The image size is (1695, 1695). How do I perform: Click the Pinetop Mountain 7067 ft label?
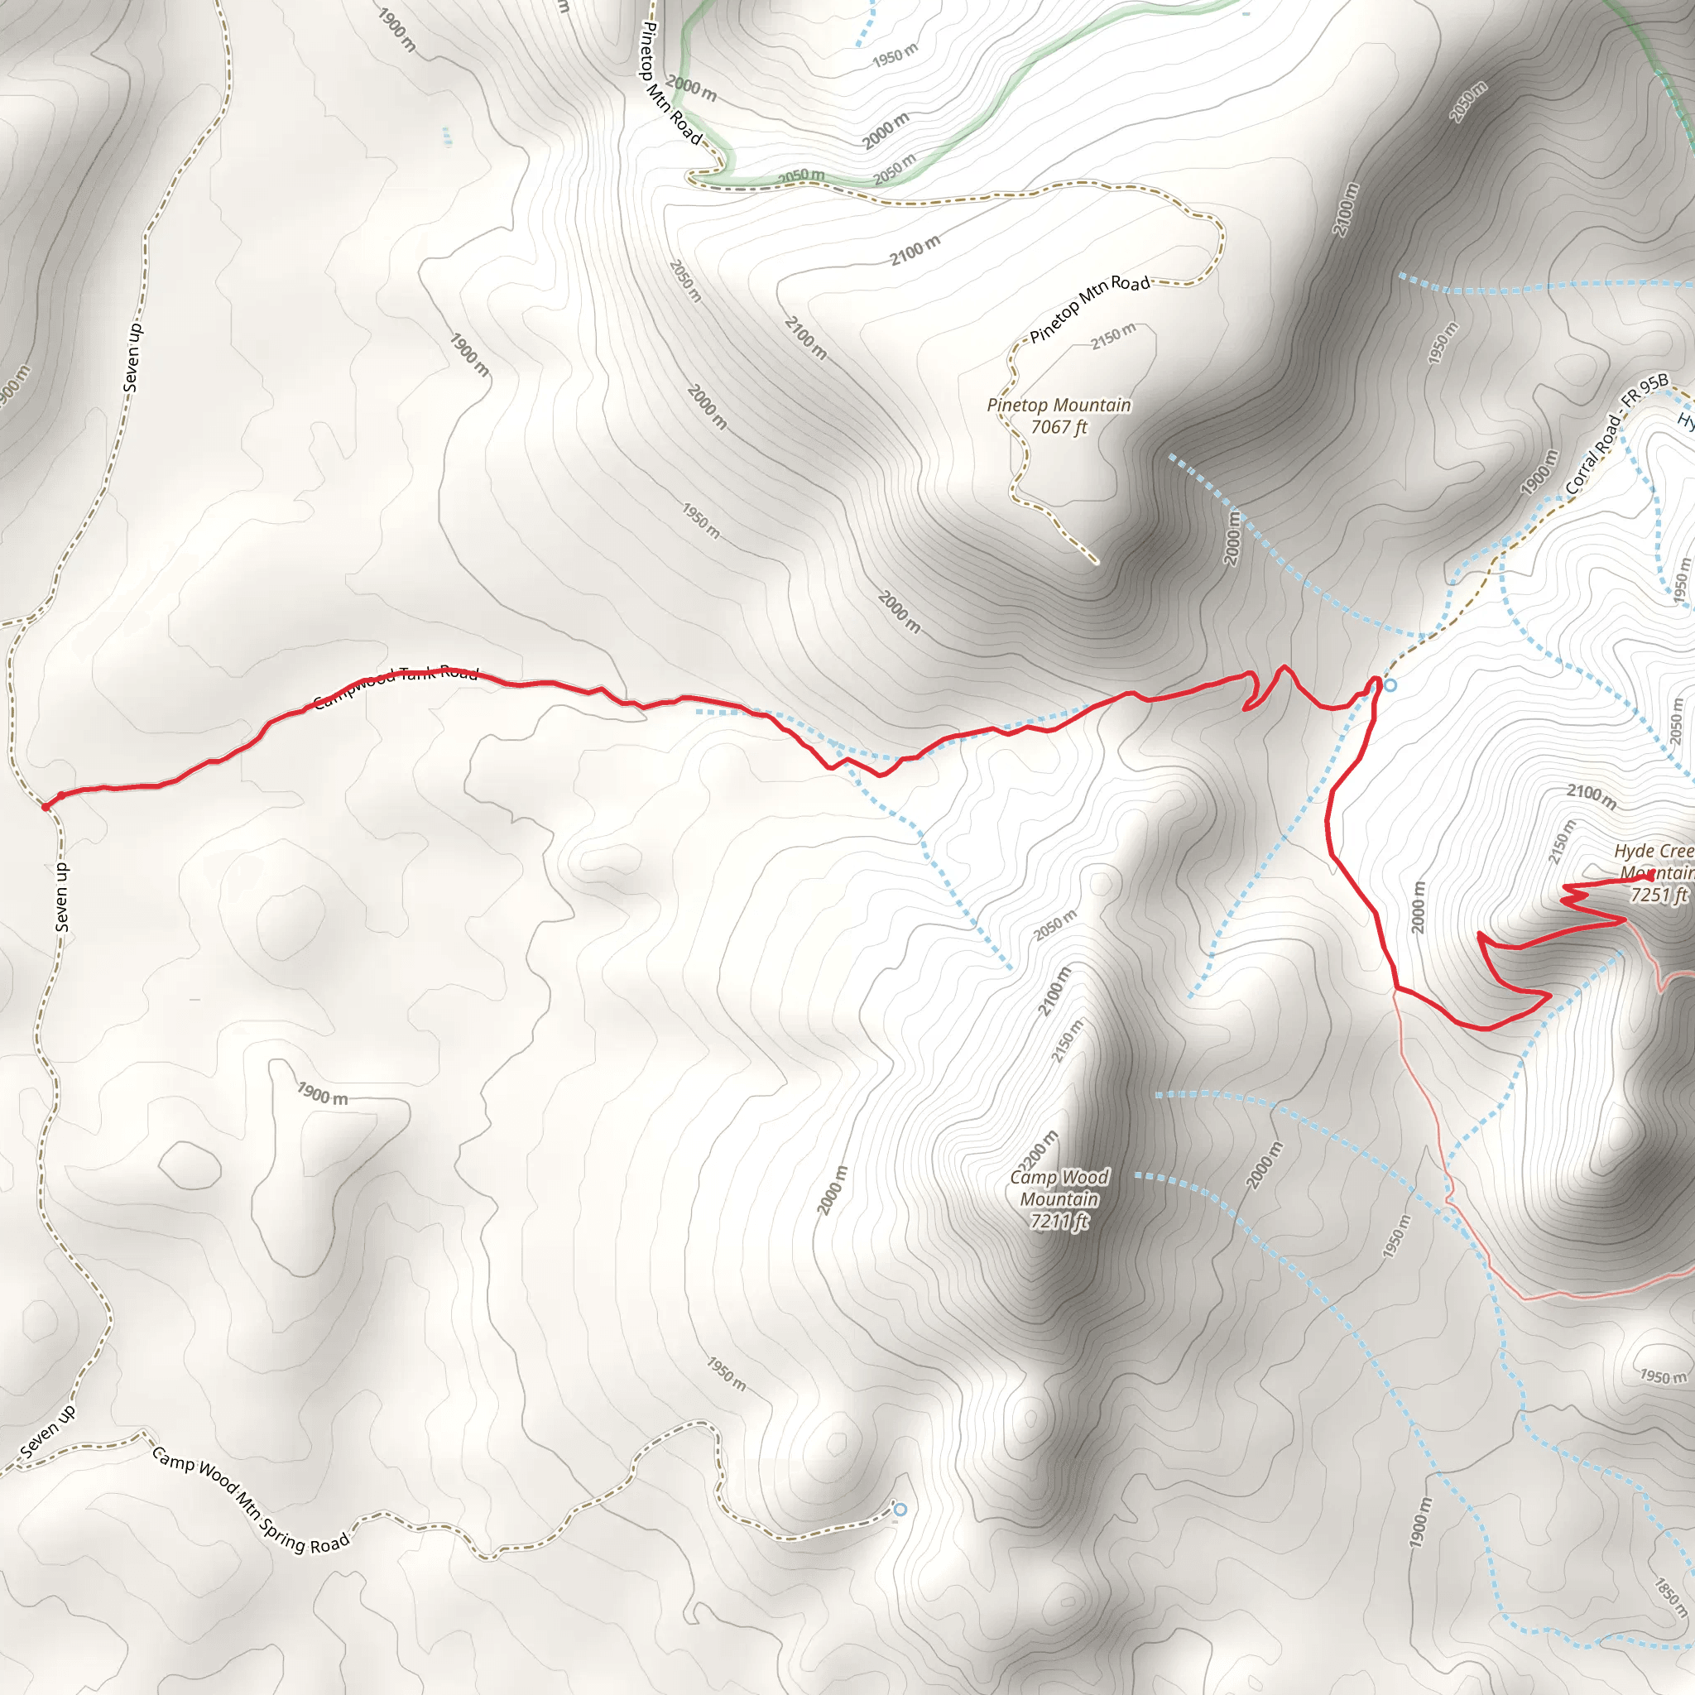(x=1059, y=415)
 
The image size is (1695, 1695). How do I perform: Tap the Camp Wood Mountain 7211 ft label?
(x=1059, y=1198)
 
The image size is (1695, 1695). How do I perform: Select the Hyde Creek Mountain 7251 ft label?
(x=1654, y=873)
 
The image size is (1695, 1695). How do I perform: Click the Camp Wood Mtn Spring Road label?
(x=251, y=1501)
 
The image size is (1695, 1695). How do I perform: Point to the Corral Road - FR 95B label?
(x=1616, y=434)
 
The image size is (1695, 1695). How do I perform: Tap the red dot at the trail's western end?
(x=46, y=805)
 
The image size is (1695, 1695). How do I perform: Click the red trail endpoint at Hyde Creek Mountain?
(x=1650, y=876)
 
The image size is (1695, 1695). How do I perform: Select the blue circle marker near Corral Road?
(x=1390, y=684)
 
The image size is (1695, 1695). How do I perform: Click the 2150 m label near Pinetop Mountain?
(x=1113, y=336)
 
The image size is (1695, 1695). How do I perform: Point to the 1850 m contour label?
(x=1670, y=1597)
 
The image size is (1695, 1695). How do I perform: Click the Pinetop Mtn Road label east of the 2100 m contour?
(x=1089, y=308)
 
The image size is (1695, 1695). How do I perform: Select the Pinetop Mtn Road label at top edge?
(x=670, y=84)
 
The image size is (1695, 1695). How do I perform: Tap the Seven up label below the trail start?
(x=61, y=896)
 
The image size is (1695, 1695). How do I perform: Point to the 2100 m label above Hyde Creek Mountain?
(x=1592, y=797)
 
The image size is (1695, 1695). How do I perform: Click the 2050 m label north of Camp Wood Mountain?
(x=1055, y=925)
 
